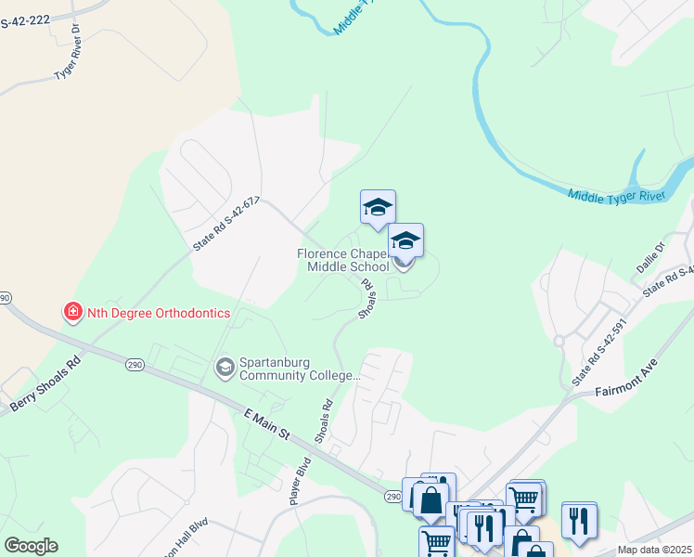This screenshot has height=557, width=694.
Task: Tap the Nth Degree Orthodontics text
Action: coord(158,313)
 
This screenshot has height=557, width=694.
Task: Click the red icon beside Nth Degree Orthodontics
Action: coord(72,312)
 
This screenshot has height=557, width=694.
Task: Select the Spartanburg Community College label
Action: coord(298,369)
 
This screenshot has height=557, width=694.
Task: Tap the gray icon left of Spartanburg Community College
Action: coord(224,369)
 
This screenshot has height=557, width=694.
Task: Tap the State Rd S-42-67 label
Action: coord(226,224)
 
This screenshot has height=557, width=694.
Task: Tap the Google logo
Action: coord(31,546)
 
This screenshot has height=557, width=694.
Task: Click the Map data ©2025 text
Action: coord(654,550)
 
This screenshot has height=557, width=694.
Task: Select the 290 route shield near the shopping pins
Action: coord(393,498)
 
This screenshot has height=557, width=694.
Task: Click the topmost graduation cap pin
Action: coord(378,208)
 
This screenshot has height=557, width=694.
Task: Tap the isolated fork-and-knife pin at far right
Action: coord(579,521)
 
